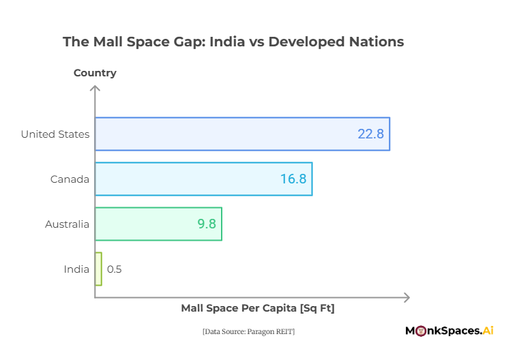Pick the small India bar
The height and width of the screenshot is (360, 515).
[98, 269]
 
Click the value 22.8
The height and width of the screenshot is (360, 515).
[370, 134]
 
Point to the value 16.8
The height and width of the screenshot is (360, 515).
[293, 179]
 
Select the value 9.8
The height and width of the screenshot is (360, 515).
[207, 224]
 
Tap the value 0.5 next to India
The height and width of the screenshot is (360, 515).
[114, 269]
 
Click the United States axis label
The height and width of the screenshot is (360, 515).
[55, 134]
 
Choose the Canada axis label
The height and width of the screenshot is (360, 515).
[70, 179]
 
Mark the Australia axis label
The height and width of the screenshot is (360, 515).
[67, 224]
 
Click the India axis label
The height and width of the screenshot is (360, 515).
[76, 269]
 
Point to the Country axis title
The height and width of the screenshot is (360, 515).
[95, 73]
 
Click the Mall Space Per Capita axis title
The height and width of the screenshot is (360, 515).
[258, 308]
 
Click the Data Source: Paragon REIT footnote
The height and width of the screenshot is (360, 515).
[248, 331]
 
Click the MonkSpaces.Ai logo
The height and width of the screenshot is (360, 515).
[449, 331]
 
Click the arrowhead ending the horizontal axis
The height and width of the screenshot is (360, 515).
[407, 298]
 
